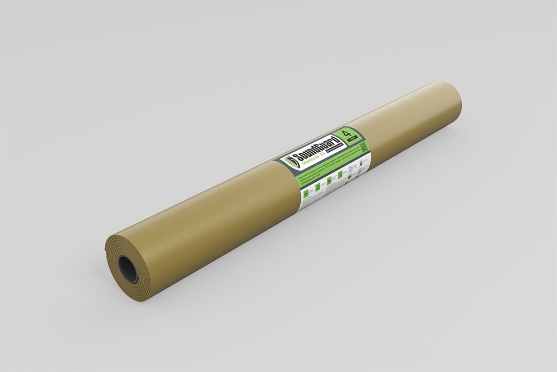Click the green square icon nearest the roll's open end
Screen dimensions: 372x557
coord(306,194)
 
